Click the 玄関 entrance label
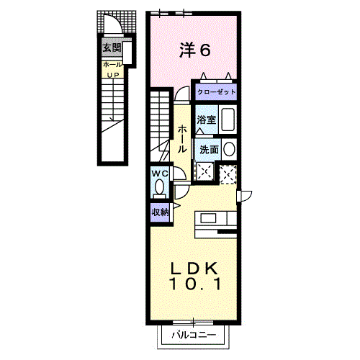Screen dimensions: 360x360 click(112, 48)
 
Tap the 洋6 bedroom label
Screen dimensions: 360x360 click(195, 50)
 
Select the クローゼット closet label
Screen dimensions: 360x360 click(216, 92)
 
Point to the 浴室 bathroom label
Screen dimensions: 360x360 click(207, 120)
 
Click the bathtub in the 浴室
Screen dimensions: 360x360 click(228, 120)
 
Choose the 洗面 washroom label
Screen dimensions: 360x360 click(209, 150)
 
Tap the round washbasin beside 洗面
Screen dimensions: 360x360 click(229, 149)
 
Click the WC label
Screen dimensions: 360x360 click(160, 174)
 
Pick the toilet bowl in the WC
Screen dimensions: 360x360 click(159, 186)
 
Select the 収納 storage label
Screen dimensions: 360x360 click(160, 212)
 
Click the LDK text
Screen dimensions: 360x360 click(194, 269)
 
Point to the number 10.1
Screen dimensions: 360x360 click(195, 284)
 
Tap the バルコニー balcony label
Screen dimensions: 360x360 click(194, 335)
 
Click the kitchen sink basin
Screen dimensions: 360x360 click(208, 219)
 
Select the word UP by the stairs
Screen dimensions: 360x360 click(113, 75)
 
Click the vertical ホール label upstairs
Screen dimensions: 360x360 click(182, 139)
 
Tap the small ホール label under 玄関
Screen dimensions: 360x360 click(112, 65)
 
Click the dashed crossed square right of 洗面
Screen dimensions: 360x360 click(228, 174)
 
